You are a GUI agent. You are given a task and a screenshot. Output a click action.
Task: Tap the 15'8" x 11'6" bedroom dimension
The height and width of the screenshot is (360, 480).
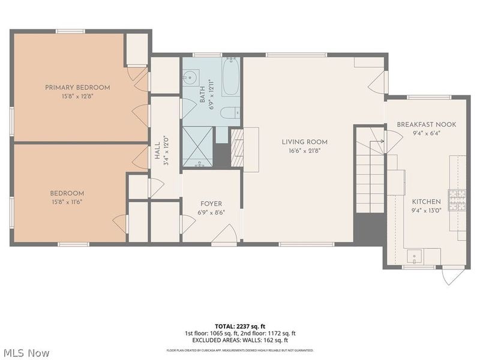click(x=67, y=202)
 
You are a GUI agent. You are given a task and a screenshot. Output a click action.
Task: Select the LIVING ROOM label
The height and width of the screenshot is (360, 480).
click(x=305, y=142)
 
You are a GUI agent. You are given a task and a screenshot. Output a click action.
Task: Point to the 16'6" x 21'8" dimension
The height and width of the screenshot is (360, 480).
click(x=305, y=151)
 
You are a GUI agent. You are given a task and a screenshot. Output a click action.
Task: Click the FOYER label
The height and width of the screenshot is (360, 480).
click(x=211, y=204)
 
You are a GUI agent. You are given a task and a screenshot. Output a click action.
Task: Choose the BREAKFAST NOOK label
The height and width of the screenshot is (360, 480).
click(x=426, y=124)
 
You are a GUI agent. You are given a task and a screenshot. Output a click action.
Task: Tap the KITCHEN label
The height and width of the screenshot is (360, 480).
click(x=426, y=202)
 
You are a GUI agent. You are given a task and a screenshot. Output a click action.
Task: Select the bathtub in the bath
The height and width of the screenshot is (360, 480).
click(x=231, y=77)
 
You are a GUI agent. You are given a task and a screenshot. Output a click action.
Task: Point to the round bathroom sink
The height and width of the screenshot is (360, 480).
click(x=191, y=77)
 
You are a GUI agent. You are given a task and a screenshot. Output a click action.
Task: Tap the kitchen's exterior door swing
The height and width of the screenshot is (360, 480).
click(x=452, y=275)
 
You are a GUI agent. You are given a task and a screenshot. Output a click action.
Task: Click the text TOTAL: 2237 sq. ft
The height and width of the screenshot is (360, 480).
click(x=239, y=326)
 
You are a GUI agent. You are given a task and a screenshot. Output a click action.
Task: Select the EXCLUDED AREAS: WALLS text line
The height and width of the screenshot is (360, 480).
click(x=240, y=340)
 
